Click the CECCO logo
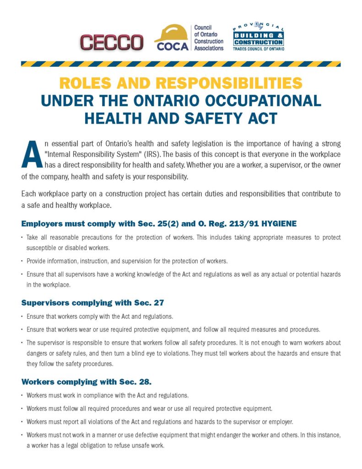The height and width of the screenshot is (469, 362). tap(112, 42)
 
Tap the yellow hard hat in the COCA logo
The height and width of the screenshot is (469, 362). tap(171, 33)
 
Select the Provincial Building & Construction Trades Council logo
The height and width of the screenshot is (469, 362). tap(258, 38)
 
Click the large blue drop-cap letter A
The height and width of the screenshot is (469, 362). tap(30, 155)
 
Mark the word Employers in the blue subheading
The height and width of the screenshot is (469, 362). tap(41, 224)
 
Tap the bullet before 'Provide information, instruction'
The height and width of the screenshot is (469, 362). tap(22, 261)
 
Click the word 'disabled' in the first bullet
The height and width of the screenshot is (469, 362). tap(70, 248)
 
